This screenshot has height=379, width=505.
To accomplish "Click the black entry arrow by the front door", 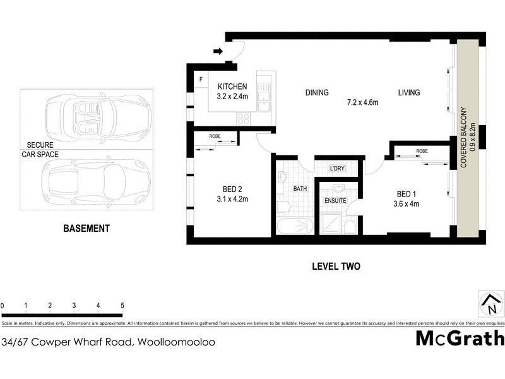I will point(218,51).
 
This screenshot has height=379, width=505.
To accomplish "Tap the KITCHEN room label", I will point(232,87).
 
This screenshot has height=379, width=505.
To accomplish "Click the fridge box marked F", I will point(201,80).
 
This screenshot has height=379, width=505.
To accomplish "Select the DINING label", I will point(317,93).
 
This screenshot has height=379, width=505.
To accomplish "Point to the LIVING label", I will point(408,93).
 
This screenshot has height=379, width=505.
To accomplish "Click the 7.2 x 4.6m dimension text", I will point(362,102).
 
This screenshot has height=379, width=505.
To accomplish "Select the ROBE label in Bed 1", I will point(422,152).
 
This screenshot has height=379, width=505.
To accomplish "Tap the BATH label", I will point(299,188).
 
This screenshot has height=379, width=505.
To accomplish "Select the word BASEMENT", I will point(86,229).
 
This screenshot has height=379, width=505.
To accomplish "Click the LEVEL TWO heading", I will point(336,267).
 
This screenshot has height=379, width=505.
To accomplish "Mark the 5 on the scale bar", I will point(122,306).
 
